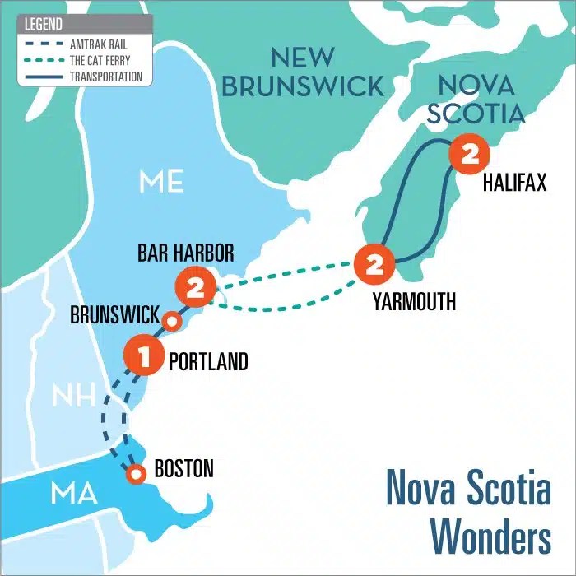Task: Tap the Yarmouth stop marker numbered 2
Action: (x=374, y=264)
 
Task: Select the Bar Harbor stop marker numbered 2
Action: (x=195, y=288)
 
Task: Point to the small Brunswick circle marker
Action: (x=171, y=321)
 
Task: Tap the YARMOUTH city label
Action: (x=413, y=301)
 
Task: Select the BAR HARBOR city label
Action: (x=186, y=253)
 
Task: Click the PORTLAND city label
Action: (x=207, y=361)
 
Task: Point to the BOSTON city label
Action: (x=183, y=469)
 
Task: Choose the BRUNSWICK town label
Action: (x=114, y=315)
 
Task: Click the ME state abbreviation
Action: (x=161, y=181)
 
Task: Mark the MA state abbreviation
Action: (x=74, y=495)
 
